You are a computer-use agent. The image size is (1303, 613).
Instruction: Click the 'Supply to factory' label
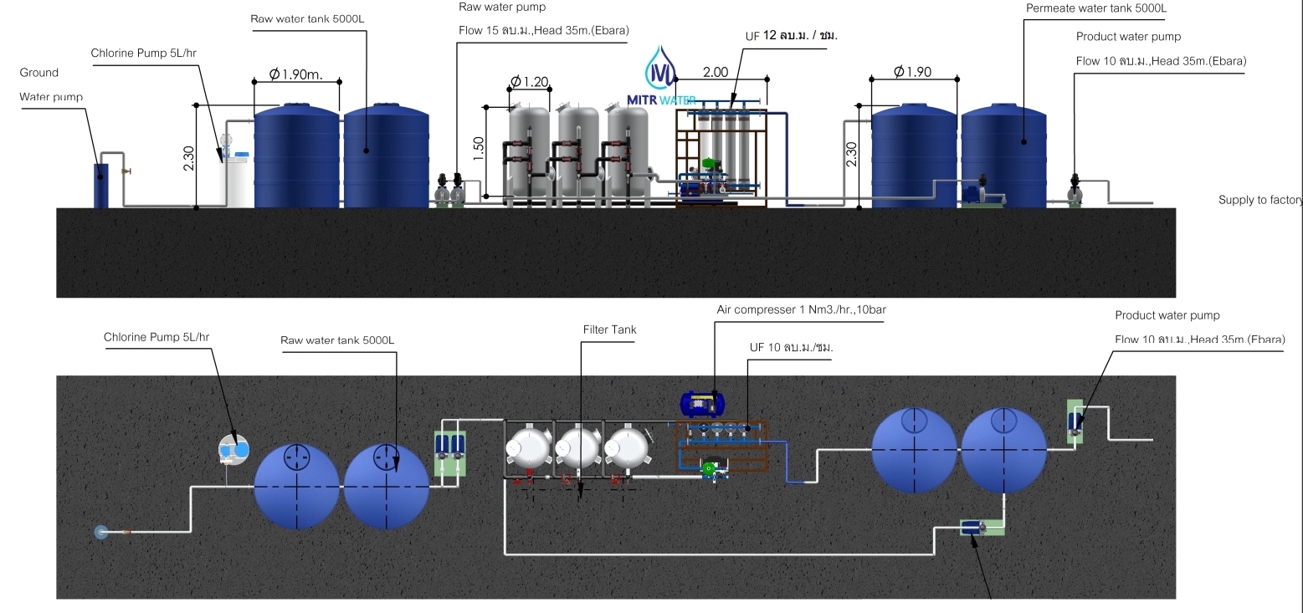click(x=1260, y=200)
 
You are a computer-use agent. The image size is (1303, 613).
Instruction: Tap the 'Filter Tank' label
click(x=609, y=329)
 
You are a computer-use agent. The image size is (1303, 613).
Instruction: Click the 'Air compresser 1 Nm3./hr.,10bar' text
click(x=801, y=309)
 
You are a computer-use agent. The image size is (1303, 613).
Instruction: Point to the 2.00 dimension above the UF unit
click(x=715, y=73)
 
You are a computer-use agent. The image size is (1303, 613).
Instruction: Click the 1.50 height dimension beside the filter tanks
click(x=478, y=149)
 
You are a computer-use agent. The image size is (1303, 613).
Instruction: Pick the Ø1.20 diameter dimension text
click(x=529, y=81)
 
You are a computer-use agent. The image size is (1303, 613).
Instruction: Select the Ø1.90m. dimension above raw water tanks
click(x=296, y=74)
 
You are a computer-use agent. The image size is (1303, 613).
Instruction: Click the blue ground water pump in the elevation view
click(x=100, y=185)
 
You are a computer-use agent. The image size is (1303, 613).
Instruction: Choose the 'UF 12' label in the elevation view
click(x=791, y=36)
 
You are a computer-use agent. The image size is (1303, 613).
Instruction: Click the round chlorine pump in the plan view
click(x=234, y=448)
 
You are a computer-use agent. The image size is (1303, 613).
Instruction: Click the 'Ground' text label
click(x=38, y=73)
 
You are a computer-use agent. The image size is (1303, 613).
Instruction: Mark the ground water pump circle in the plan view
click(x=101, y=531)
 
